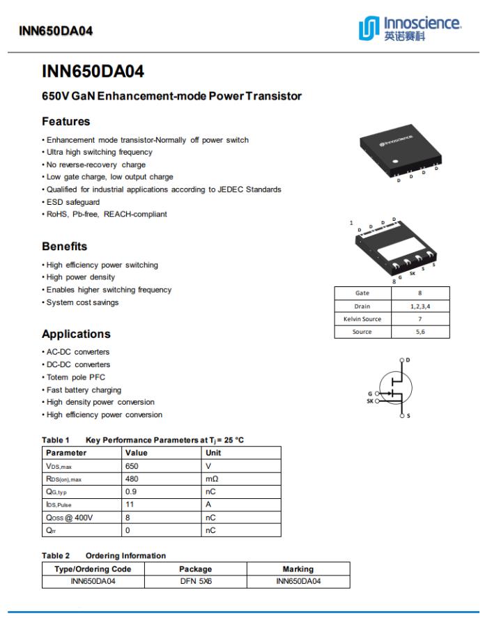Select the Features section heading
pyautogui.click(x=66, y=121)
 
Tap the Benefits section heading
pyautogui.click(x=64, y=247)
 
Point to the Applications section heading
pyautogui.click(x=76, y=334)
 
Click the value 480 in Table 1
pyautogui.click(x=132, y=479)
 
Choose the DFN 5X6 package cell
pyautogui.click(x=195, y=581)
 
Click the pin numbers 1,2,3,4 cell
pyautogui.click(x=420, y=306)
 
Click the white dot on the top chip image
pyautogui.click(x=395, y=160)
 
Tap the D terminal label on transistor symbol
pyautogui.click(x=408, y=360)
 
